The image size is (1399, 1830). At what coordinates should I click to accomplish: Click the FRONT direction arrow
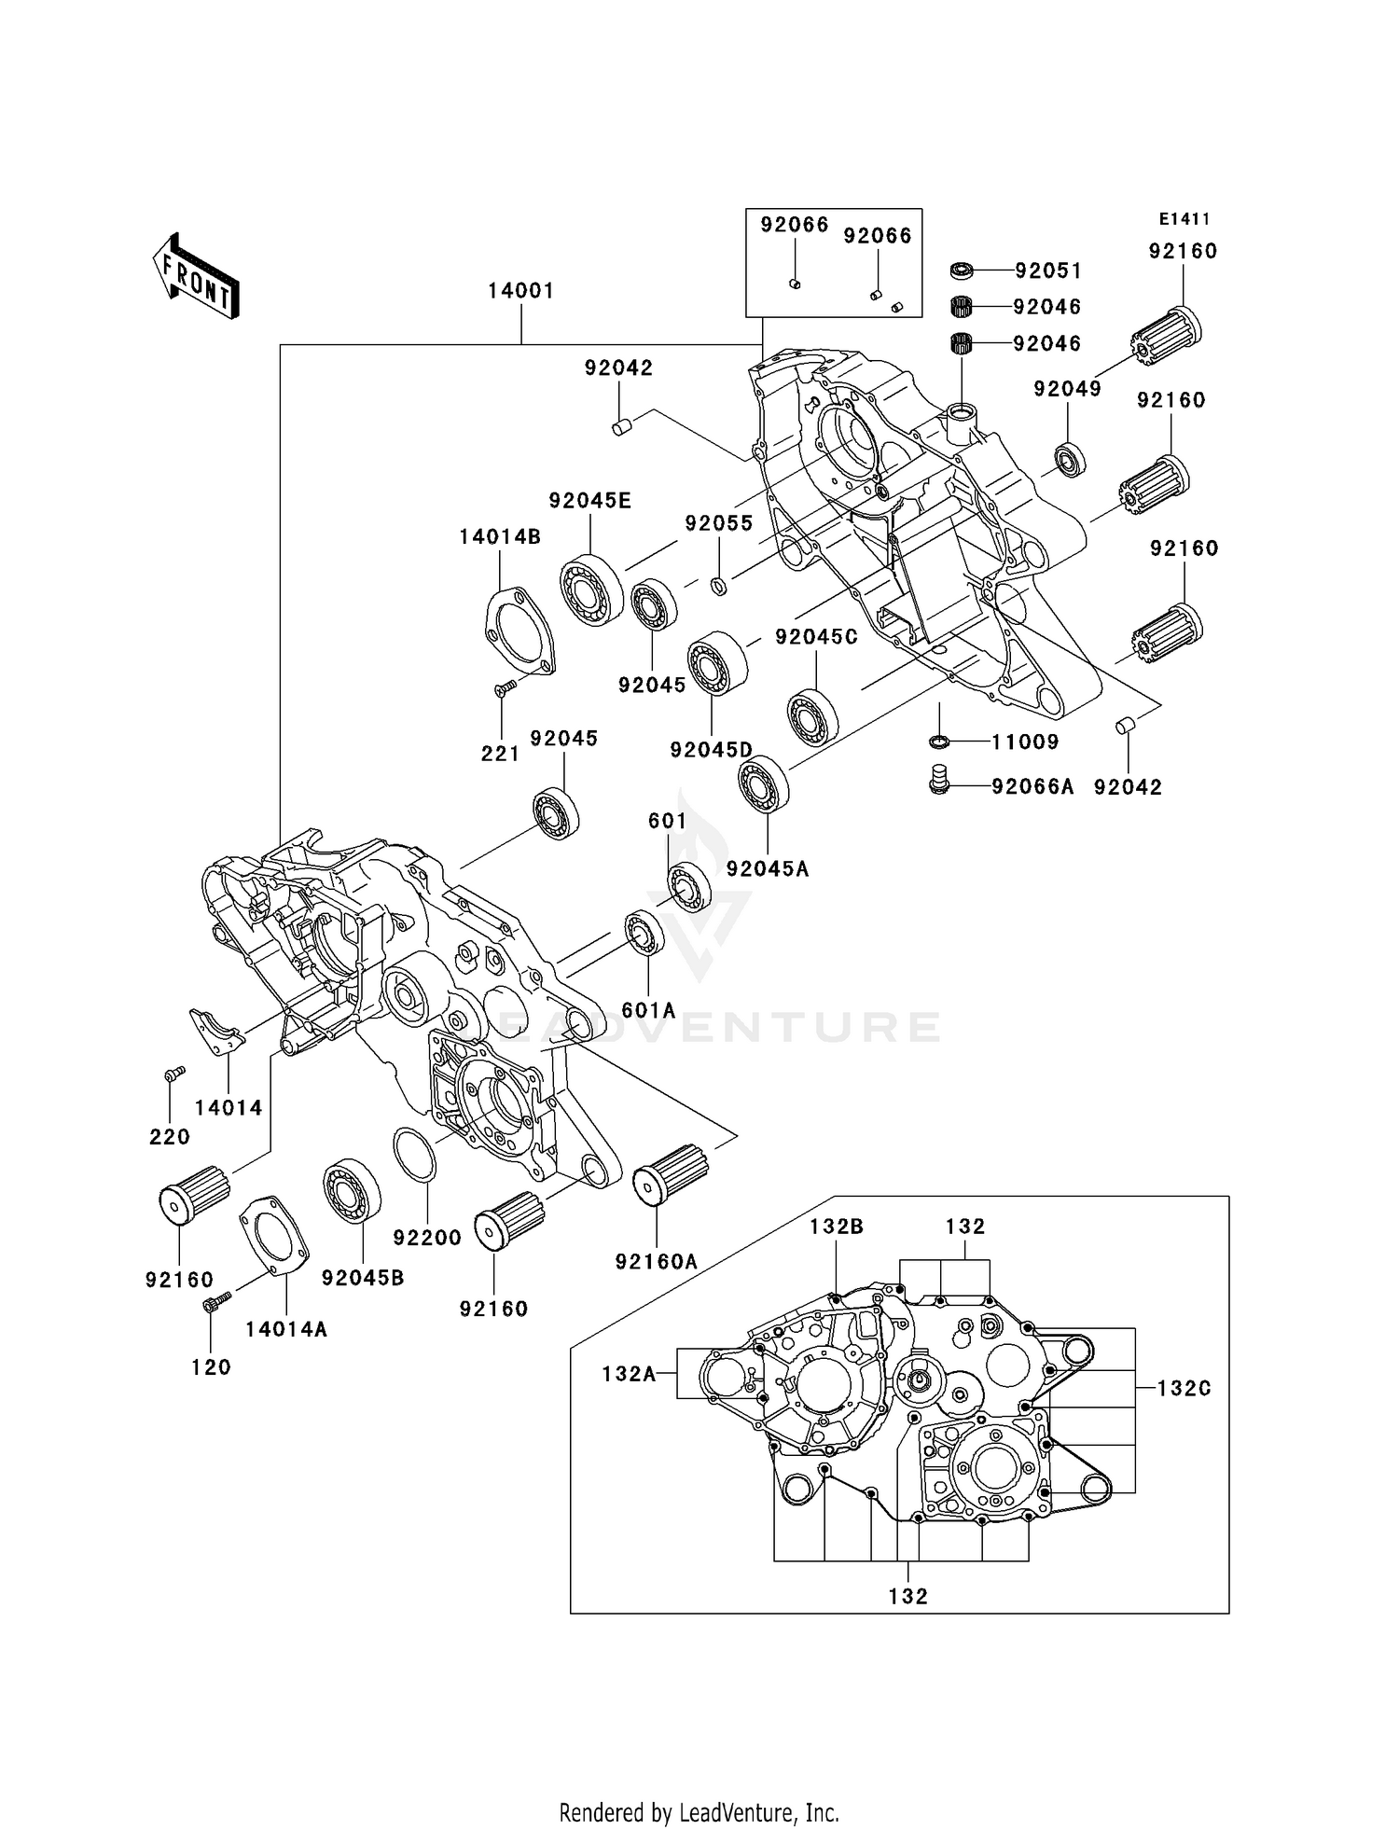pos(197,277)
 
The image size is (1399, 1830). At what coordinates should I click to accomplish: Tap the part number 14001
pos(520,291)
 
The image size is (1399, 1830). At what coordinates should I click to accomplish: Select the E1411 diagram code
pos(1184,219)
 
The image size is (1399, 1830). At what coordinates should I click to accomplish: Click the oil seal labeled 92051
pos(962,270)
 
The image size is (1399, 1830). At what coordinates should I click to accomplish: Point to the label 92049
pos(1067,389)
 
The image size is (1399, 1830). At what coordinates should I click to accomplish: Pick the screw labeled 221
pos(506,687)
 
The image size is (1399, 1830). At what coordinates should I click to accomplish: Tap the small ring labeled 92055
pos(718,586)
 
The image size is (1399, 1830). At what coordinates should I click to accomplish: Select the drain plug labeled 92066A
pos(940,780)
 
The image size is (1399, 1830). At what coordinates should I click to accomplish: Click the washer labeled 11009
pos(940,742)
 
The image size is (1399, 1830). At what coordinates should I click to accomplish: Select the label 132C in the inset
pos(1184,1388)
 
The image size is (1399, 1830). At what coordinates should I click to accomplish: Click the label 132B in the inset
pos(836,1227)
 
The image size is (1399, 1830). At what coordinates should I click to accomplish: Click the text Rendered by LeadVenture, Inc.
pos(699,1812)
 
